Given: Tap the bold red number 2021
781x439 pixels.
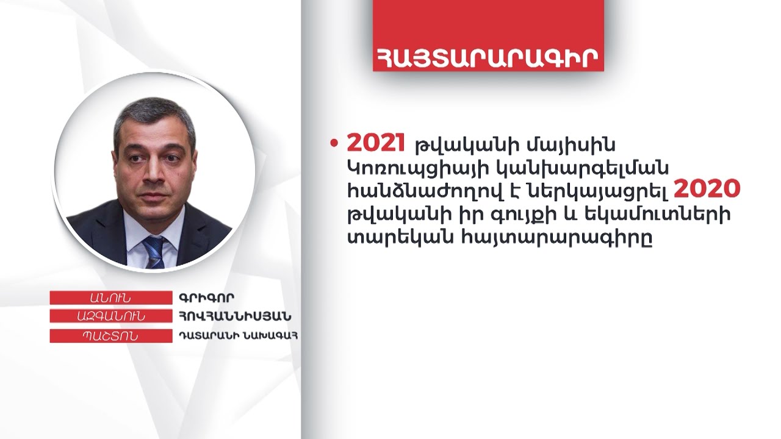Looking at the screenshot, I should [376, 142].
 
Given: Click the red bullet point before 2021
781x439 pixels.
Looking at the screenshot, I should [333, 143].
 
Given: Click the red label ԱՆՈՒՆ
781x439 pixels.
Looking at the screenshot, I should [110, 298].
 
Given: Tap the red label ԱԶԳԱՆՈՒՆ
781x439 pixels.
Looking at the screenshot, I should [110, 316].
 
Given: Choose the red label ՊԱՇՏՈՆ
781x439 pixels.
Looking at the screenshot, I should [110, 335].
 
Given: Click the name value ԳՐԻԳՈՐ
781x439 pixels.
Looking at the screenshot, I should [207, 298].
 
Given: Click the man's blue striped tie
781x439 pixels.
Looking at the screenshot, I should [153, 251].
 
